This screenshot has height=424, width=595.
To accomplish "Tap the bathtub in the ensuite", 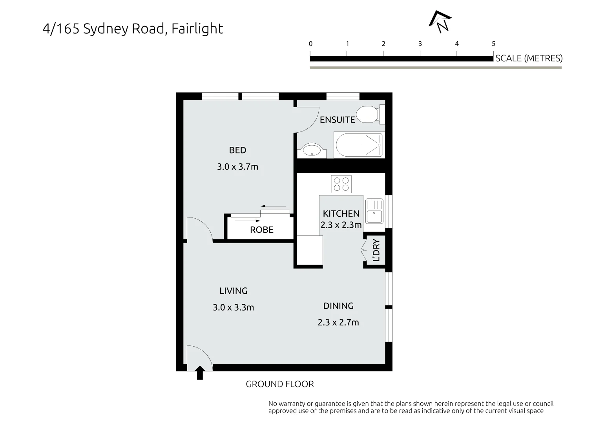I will tap(358, 145).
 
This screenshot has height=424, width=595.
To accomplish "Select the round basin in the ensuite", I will tap(312, 150).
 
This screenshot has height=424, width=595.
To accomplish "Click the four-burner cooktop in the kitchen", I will tap(341, 184).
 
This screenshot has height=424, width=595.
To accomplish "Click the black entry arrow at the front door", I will tap(200, 372).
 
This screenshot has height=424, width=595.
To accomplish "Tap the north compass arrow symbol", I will tap(440, 21).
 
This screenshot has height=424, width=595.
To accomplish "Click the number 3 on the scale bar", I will tap(420, 44).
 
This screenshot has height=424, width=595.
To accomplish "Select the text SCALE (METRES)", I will tap(529, 58).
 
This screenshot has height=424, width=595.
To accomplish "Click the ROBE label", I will tap(261, 230).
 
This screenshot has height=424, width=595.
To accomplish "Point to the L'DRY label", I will tap(376, 250).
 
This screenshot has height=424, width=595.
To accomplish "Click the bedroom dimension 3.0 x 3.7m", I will tap(237, 167).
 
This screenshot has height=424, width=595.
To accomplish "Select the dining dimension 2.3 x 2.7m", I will tap(338, 323).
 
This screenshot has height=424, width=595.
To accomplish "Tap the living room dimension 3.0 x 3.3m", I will tap(233, 307).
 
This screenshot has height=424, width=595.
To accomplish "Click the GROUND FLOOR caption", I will tap(279, 384).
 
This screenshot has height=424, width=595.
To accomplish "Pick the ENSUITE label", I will tap(337, 120).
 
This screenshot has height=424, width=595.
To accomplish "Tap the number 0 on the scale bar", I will tap(310, 44).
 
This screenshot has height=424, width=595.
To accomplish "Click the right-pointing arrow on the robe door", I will tap(247, 221).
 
